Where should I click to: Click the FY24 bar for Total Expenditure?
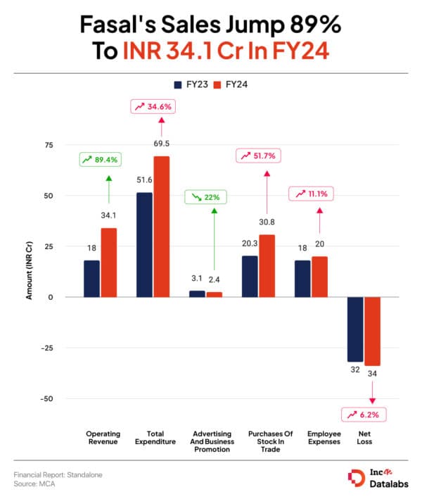(x=162, y=226)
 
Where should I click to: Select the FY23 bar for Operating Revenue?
(x=91, y=279)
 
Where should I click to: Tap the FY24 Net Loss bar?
(x=372, y=331)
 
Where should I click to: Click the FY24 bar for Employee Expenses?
(x=319, y=277)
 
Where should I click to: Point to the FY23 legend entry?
(x=188, y=83)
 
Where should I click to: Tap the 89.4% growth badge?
(x=100, y=160)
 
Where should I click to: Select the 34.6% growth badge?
(x=153, y=108)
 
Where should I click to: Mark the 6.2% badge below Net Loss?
(x=362, y=415)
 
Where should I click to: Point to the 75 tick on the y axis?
(x=49, y=145)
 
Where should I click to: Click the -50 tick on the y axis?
(x=46, y=398)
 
